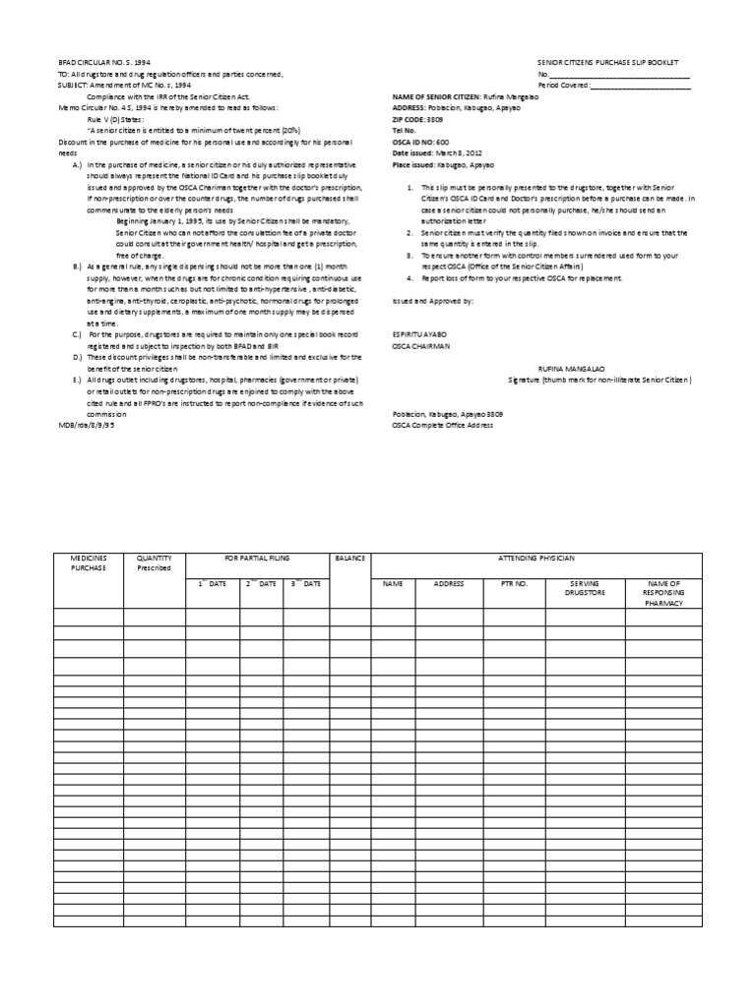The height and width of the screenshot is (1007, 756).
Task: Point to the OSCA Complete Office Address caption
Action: tap(443, 425)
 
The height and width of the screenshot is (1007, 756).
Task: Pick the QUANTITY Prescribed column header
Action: tap(154, 563)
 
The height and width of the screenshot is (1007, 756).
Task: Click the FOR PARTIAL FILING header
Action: tap(257, 558)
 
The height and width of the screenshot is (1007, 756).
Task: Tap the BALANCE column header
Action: tap(349, 558)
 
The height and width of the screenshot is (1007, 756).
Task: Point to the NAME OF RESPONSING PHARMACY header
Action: tap(662, 594)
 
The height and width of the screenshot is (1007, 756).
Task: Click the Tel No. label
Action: tap(406, 129)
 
